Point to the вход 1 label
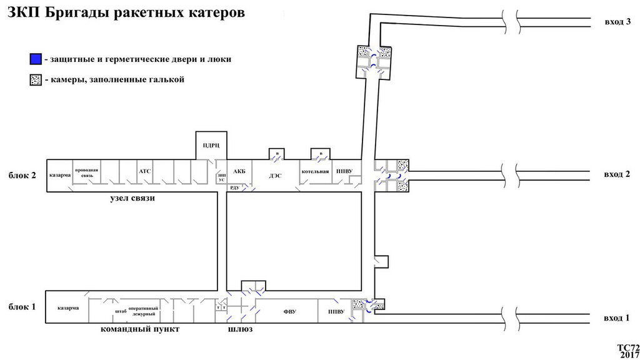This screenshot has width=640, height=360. [617, 318]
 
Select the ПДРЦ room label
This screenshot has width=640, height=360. [209, 146]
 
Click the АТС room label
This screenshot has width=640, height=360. [145, 169]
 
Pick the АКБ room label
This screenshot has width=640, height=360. [239, 171]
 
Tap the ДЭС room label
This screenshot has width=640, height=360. [276, 176]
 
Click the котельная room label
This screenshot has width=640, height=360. [314, 171]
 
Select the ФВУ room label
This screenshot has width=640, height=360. [289, 311]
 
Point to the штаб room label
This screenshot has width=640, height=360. [121, 311]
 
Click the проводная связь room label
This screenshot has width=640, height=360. [87, 172]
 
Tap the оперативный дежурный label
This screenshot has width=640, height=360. [143, 311]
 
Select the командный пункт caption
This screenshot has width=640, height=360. [140, 329]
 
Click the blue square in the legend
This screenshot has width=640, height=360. [35, 59]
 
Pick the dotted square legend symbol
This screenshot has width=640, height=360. [35, 80]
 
